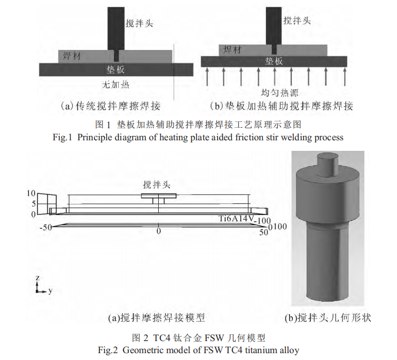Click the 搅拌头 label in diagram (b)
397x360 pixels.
coord(297,20)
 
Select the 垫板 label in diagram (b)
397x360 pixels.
coord(274,61)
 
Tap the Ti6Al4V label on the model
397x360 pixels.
coord(237,218)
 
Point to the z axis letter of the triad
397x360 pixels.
coord(37,277)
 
